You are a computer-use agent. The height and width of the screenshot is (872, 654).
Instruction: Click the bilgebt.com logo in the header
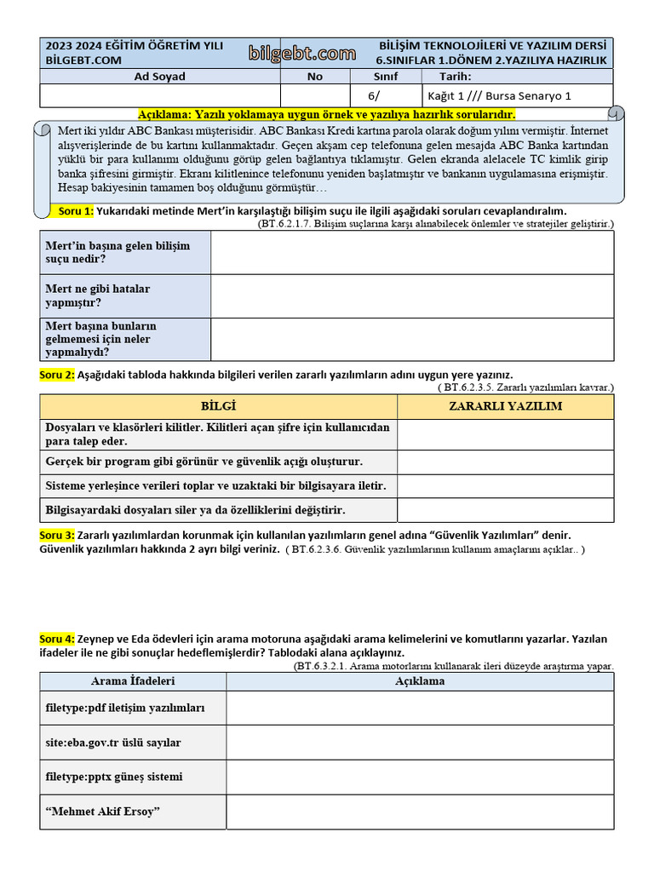point(302,54)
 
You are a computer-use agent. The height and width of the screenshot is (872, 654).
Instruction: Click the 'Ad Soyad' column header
point(160,77)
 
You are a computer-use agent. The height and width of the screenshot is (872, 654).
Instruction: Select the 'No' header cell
point(315,77)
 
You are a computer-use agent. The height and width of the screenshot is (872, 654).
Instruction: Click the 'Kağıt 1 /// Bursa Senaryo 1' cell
point(517,95)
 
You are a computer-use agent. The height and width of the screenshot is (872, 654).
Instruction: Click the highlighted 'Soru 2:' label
point(57,375)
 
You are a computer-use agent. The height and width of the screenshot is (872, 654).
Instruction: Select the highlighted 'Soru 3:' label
point(57,535)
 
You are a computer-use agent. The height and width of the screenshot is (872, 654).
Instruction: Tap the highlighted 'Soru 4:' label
point(57,639)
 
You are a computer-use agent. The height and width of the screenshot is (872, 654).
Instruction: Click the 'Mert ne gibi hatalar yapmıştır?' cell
point(125,295)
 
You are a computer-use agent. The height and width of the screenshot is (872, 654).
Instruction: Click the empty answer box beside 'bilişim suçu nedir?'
point(411,252)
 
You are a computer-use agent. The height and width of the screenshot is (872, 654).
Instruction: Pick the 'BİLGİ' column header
point(218,406)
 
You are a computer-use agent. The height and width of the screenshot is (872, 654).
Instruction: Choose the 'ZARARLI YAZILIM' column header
point(505,406)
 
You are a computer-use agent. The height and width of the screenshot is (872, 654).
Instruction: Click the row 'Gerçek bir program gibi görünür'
point(218,462)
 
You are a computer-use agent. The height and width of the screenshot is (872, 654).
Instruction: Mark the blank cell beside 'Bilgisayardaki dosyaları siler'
point(505,510)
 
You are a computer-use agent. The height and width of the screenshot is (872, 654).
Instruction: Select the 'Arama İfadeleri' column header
point(133,681)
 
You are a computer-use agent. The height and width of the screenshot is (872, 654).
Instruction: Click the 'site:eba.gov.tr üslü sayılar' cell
point(133,743)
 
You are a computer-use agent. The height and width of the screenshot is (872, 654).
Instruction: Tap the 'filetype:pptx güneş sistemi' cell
point(133,777)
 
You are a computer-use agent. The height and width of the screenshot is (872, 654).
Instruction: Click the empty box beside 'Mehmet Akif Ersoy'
point(419,812)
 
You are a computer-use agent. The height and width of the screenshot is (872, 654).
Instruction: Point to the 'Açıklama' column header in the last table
point(419,681)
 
